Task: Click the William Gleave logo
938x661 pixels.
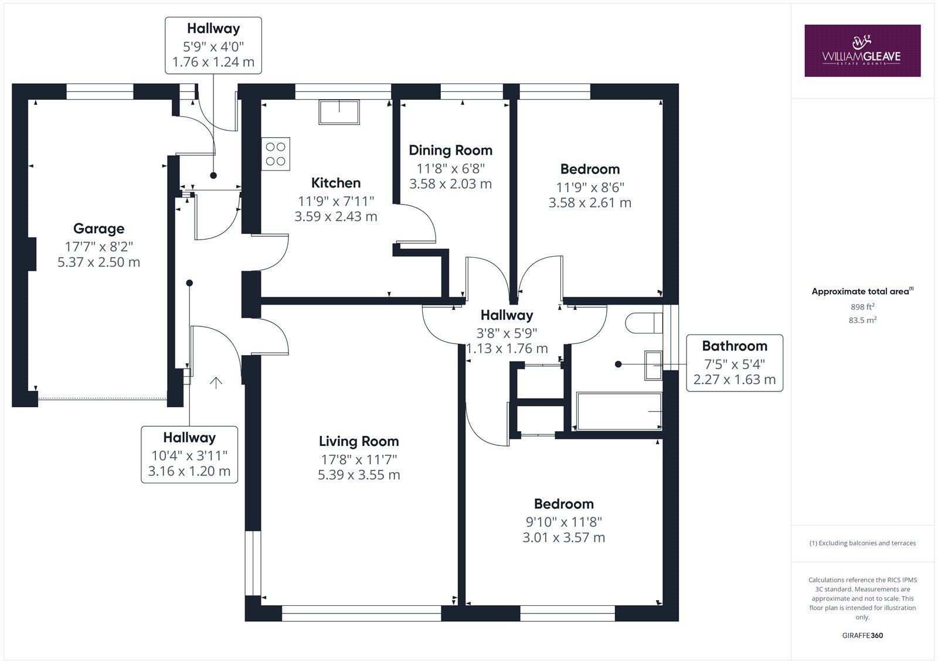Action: click(862, 50)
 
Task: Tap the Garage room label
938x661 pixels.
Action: click(98, 229)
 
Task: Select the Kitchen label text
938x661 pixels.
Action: click(335, 183)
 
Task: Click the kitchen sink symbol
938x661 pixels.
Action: click(339, 112)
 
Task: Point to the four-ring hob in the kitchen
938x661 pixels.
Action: click(276, 154)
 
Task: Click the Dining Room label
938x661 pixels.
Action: click(450, 150)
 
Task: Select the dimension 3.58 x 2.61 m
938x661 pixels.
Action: click(590, 203)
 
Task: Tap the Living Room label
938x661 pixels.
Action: click(359, 441)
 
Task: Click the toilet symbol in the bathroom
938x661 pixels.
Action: click(644, 323)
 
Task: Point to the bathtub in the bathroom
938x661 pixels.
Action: click(619, 411)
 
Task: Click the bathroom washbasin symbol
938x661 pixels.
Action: click(653, 365)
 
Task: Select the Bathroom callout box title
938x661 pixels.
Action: click(734, 346)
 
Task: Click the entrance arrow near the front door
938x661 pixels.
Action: click(216, 383)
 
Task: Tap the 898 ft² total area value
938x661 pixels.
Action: click(862, 306)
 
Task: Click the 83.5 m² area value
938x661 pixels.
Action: click(862, 320)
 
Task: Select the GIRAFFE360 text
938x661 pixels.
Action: click(862, 635)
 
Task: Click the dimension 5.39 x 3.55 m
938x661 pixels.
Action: click(359, 475)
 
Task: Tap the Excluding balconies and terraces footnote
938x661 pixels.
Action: click(862, 543)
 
